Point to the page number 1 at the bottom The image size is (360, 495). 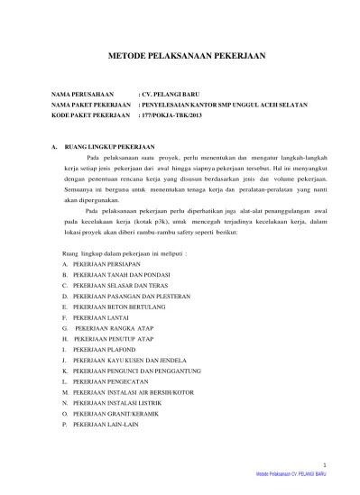coord(337,480)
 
